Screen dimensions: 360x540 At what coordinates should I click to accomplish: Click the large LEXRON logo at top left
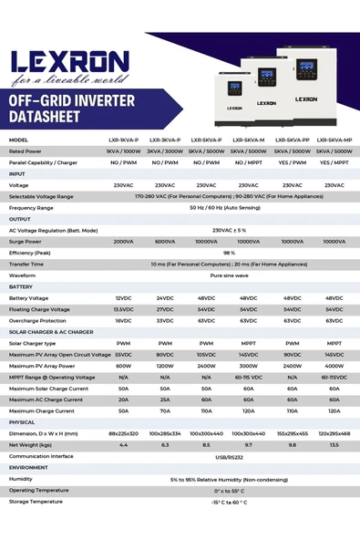tap(69, 61)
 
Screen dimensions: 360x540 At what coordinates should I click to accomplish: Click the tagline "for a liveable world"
tap(69, 78)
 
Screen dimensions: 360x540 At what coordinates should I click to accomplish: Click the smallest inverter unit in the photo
tap(234, 99)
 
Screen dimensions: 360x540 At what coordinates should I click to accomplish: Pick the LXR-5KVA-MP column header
tap(334, 140)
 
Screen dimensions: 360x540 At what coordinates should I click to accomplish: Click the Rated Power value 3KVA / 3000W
tap(165, 151)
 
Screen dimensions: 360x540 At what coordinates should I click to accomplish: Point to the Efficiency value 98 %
tap(229, 253)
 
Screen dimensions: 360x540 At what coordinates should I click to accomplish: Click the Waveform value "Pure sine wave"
tap(229, 275)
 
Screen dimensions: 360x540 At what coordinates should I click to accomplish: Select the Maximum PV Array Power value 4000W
tap(334, 366)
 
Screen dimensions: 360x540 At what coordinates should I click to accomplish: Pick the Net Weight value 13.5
tap(334, 445)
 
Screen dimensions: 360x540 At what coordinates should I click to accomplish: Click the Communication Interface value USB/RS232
tap(229, 456)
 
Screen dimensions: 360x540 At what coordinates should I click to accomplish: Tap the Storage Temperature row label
tap(36, 502)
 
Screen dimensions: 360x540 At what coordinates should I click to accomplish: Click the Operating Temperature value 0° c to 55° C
tap(229, 491)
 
